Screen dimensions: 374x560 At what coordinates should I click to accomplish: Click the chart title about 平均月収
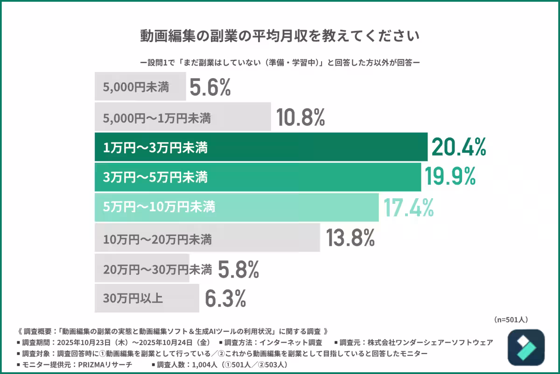tap(280, 36)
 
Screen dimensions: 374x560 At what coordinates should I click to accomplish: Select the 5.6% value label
tap(210, 87)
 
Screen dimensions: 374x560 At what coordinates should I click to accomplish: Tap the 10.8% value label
tap(300, 117)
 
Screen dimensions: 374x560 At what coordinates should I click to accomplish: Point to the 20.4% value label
tap(459, 147)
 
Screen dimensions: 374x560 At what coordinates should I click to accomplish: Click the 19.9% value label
tap(450, 177)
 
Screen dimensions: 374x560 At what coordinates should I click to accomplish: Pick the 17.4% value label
tap(408, 208)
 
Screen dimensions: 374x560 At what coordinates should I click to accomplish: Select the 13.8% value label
tap(350, 238)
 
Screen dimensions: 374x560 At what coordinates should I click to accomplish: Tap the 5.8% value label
tap(238, 269)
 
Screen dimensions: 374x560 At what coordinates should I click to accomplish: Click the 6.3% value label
tap(225, 298)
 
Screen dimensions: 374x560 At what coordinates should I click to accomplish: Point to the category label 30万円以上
tap(133, 298)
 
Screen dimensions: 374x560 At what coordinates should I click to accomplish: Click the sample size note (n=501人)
tap(511, 320)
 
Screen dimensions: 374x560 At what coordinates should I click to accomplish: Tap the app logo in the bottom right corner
tap(526, 348)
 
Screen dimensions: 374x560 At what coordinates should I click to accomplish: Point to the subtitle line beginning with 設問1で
tap(280, 62)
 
